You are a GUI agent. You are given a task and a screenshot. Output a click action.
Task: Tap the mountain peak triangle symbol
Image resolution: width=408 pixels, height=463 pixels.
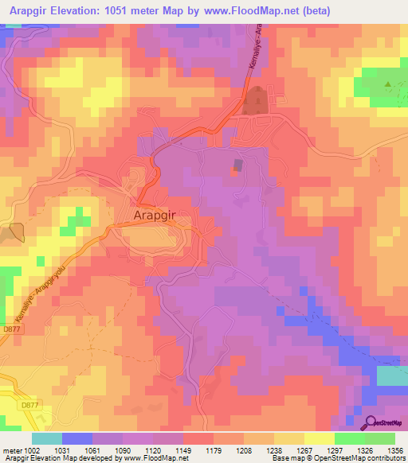coord(388,84)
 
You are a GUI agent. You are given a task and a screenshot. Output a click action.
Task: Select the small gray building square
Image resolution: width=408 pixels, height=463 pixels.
coord(238,165)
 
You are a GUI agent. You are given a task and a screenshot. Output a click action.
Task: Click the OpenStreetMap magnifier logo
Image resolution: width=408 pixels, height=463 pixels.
coord(372,422)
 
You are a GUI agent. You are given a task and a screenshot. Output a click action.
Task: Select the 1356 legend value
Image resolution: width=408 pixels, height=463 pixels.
coord(394,450)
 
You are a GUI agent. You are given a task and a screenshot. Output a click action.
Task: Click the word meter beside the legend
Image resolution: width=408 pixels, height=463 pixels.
coord(10,450)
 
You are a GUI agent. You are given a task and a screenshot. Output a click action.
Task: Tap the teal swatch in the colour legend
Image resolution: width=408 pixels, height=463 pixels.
coord(46,438)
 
